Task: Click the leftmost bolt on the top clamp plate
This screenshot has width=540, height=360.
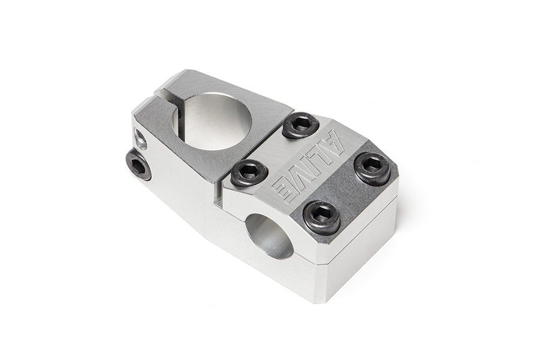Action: (249, 173)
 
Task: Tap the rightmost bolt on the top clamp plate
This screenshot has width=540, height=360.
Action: (372, 169)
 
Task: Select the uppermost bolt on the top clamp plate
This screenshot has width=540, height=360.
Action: (301, 125)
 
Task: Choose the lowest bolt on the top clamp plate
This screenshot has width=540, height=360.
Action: (322, 217)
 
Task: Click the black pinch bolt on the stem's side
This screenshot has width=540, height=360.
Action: (138, 164)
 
